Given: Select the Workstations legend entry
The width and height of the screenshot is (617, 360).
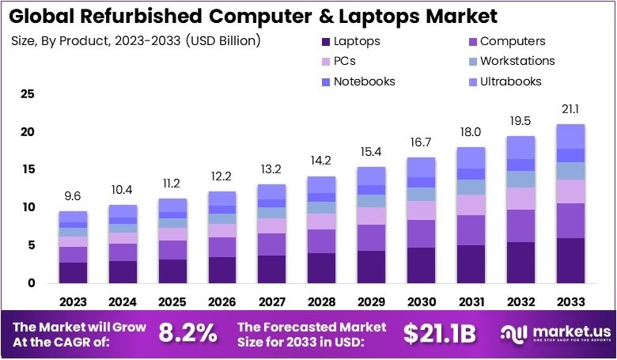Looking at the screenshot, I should (x=517, y=61).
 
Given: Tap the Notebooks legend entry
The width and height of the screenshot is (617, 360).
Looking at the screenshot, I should (x=364, y=81).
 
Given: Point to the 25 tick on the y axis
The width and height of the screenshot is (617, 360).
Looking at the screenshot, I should (x=28, y=94).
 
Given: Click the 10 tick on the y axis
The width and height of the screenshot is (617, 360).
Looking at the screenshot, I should (x=28, y=207).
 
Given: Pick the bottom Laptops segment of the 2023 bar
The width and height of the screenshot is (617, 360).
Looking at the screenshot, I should (x=73, y=272).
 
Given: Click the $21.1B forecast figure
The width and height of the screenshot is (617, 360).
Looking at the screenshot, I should (x=439, y=333).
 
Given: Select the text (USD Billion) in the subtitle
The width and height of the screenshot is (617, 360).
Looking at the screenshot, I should (x=224, y=40).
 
